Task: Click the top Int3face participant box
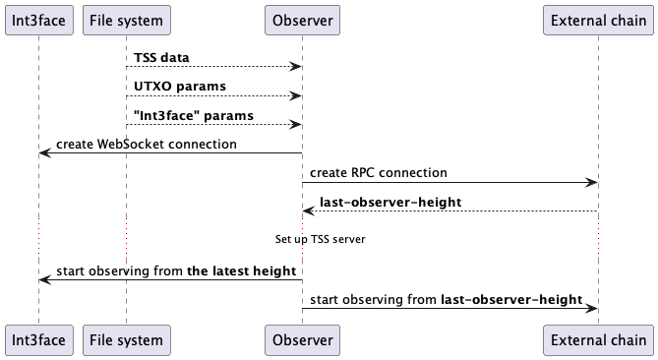[x=39, y=20]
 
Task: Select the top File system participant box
[x=126, y=20]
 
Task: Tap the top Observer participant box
[x=302, y=20]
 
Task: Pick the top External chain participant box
[x=598, y=20]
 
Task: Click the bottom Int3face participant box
[x=39, y=340]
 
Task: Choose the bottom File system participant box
[x=126, y=340]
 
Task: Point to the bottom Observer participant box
[x=302, y=340]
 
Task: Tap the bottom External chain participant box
[x=598, y=340]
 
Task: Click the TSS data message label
[x=161, y=57]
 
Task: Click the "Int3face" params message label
[x=193, y=115]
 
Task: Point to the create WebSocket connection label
[x=146, y=144]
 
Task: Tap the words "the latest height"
[x=241, y=270]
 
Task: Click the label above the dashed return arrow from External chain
[x=390, y=202]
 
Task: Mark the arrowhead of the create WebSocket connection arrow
[x=44, y=152]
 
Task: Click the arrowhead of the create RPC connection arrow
[x=593, y=182]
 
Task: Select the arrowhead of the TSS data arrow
[x=296, y=66]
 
